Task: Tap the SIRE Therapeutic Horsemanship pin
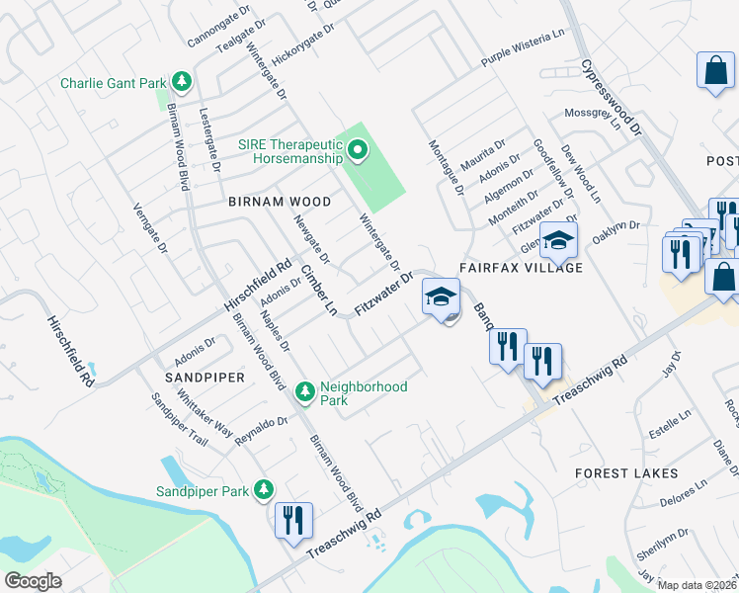[x=358, y=151]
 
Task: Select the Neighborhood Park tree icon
[x=306, y=392]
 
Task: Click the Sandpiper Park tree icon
[x=264, y=489]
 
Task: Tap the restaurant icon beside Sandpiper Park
[x=293, y=520]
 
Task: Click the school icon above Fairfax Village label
[x=558, y=238]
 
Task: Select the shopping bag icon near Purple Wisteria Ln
[x=714, y=70]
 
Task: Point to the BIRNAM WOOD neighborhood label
[x=280, y=202]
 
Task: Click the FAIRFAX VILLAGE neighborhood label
[x=520, y=268]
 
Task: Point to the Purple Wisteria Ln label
[x=522, y=60]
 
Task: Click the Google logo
[x=35, y=581]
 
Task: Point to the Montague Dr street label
[x=445, y=166]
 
